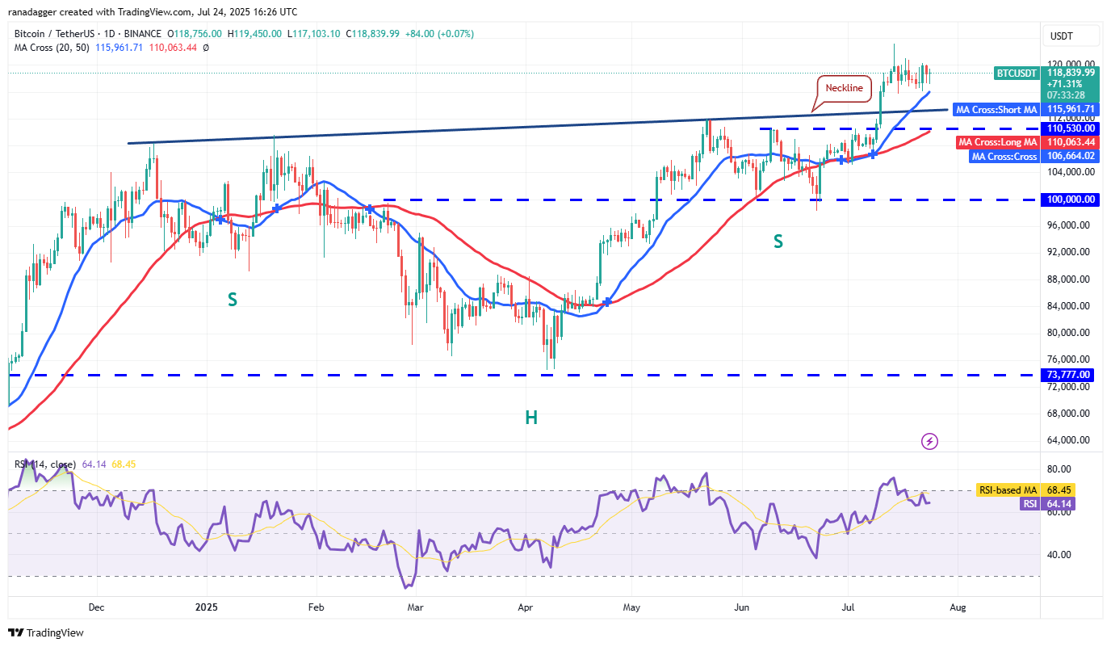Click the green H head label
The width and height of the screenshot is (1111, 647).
[531, 418]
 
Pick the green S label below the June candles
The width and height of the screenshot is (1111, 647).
[778, 241]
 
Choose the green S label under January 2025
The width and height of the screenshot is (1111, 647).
[232, 300]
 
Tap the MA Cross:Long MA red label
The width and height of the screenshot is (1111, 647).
[996, 142]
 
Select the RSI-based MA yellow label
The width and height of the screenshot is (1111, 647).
[1007, 490]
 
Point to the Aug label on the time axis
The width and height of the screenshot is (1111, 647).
[957, 606]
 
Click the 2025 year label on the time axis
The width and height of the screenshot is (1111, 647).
[207, 606]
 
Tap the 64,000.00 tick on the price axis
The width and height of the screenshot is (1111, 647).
[1070, 440]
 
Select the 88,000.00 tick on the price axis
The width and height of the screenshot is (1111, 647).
[1070, 279]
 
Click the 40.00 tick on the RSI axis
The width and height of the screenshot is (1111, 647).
[1059, 555]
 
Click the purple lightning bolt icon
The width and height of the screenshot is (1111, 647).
[930, 441]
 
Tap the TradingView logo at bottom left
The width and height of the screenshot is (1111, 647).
[47, 633]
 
